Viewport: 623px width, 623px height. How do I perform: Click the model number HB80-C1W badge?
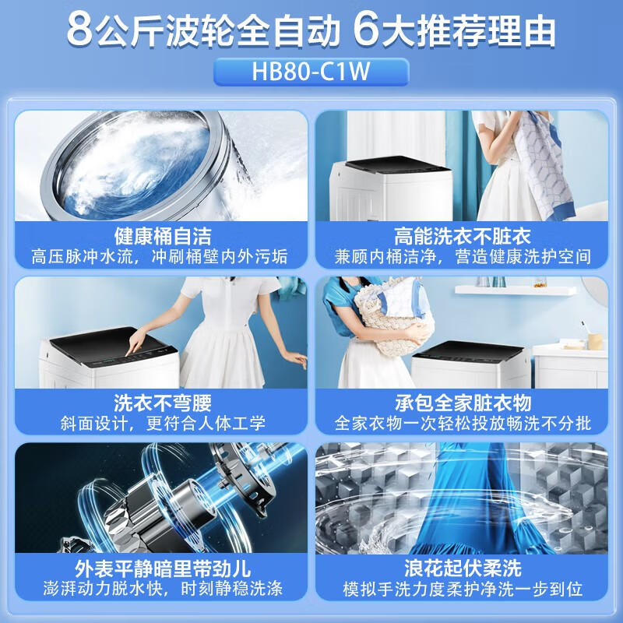(x=311, y=72)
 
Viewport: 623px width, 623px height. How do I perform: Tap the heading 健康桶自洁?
(x=163, y=236)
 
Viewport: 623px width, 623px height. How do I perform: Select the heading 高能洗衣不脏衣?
(x=462, y=236)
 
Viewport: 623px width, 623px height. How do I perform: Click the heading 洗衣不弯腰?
(x=163, y=403)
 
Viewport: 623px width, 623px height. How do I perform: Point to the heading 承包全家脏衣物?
(x=463, y=403)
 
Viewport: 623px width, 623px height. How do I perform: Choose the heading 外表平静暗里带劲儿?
(x=163, y=568)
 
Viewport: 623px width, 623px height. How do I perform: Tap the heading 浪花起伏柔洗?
(x=463, y=568)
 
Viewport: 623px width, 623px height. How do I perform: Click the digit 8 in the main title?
(x=80, y=31)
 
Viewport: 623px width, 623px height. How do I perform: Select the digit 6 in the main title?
(x=365, y=31)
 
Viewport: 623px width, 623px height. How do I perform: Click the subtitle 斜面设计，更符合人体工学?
(x=163, y=424)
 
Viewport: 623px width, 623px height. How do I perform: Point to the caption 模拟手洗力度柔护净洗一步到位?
(x=463, y=589)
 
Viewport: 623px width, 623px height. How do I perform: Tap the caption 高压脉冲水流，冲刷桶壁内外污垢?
(x=160, y=257)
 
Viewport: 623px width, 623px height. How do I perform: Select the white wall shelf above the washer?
(x=516, y=290)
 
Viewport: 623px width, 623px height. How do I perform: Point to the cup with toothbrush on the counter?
(x=593, y=338)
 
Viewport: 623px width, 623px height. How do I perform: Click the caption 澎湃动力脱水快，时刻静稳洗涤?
(x=163, y=589)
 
